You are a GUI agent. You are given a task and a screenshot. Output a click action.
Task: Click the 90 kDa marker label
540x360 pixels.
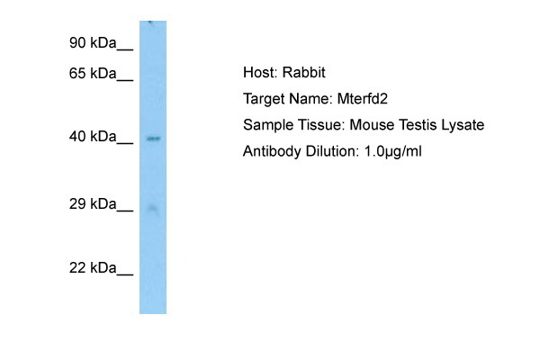click(93, 43)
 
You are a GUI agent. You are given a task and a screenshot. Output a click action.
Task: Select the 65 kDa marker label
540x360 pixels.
click(93, 74)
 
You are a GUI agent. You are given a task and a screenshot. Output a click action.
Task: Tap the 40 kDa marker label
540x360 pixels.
click(93, 137)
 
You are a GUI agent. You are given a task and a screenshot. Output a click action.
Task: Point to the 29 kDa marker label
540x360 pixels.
click(93, 204)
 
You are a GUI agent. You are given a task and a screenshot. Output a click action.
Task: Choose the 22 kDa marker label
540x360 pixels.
click(93, 267)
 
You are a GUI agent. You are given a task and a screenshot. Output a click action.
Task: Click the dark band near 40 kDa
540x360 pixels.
click(153, 139)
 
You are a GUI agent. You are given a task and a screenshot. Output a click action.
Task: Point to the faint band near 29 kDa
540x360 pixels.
click(153, 209)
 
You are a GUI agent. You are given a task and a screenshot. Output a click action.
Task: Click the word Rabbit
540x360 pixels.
click(304, 73)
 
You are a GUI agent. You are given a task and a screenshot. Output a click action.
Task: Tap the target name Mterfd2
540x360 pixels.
click(363, 99)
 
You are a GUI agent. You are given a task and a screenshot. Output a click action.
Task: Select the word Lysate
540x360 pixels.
click(463, 125)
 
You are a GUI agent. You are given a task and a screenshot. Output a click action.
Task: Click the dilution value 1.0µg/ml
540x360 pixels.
click(392, 151)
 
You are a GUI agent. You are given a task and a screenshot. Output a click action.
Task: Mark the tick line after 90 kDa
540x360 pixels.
click(125, 50)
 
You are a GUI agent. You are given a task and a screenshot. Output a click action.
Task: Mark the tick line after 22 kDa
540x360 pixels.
click(125, 274)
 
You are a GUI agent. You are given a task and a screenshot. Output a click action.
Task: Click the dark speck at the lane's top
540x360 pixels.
click(150, 22)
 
